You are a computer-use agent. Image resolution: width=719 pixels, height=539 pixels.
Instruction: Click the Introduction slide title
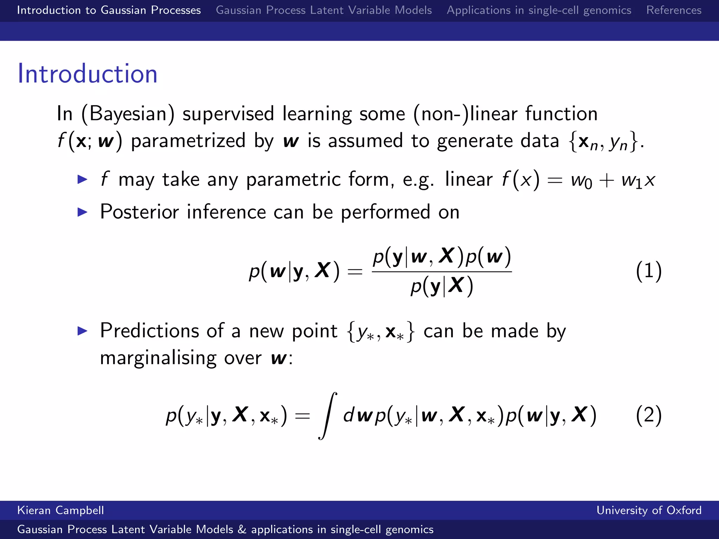pyautogui.click(x=87, y=74)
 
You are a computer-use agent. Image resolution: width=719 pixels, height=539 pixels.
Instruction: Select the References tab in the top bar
pyautogui.click(x=674, y=10)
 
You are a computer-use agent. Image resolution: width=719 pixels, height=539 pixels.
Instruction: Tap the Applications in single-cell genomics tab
pyautogui.click(x=539, y=10)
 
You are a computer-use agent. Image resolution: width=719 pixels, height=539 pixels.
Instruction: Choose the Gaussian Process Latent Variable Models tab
pyautogui.click(x=324, y=10)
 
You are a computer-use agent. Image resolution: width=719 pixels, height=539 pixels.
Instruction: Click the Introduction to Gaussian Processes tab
pyautogui.click(x=109, y=10)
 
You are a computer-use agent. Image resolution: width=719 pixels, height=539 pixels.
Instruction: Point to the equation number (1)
pyautogui.click(x=648, y=271)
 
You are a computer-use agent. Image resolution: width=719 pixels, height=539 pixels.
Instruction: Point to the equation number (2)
pyautogui.click(x=648, y=415)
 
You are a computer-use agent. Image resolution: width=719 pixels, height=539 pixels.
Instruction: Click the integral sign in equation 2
pyautogui.click(x=328, y=416)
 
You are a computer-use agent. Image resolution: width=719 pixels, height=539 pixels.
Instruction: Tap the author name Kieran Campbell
pyautogui.click(x=60, y=510)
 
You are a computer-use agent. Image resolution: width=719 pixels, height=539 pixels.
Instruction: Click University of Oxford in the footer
pyautogui.click(x=649, y=510)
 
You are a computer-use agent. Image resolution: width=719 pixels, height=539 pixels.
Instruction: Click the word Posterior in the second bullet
pyautogui.click(x=139, y=212)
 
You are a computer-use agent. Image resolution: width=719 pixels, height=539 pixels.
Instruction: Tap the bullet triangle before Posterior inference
pyautogui.click(x=82, y=212)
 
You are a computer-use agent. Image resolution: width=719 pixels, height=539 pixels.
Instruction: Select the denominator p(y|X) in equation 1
pyautogui.click(x=442, y=286)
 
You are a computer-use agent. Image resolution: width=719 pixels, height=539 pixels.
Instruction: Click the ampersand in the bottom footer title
pyautogui.click(x=242, y=530)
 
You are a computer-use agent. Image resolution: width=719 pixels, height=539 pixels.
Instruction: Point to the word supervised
pyautogui.click(x=228, y=114)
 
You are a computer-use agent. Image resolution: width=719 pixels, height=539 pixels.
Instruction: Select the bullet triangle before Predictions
pyautogui.click(x=82, y=331)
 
